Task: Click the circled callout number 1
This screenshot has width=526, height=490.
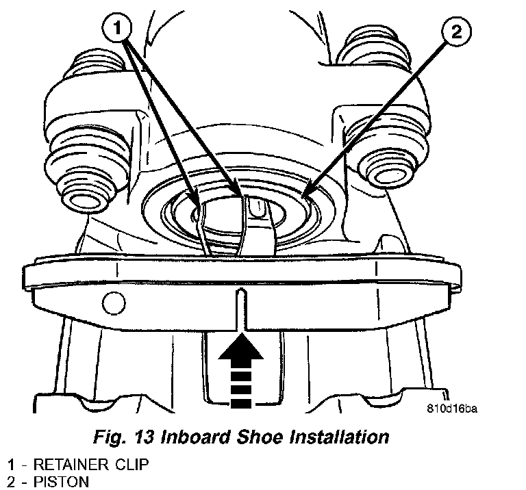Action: click(x=116, y=28)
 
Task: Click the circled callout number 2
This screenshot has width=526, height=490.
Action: click(x=456, y=32)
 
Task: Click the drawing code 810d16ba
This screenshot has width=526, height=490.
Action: click(x=452, y=409)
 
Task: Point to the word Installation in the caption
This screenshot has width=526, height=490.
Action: click(x=339, y=437)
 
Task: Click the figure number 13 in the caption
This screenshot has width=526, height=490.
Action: click(x=145, y=437)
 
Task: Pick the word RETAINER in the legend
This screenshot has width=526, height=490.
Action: click(x=71, y=465)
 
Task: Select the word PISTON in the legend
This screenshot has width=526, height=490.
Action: click(x=62, y=482)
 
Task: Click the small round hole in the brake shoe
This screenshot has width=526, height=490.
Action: click(x=114, y=302)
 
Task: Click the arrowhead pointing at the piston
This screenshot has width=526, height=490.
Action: click(x=306, y=192)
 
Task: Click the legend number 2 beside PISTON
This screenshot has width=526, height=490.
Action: click(x=11, y=482)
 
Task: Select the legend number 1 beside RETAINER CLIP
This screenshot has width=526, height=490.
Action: click(x=12, y=465)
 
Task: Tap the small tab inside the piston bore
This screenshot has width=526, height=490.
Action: click(x=258, y=206)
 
